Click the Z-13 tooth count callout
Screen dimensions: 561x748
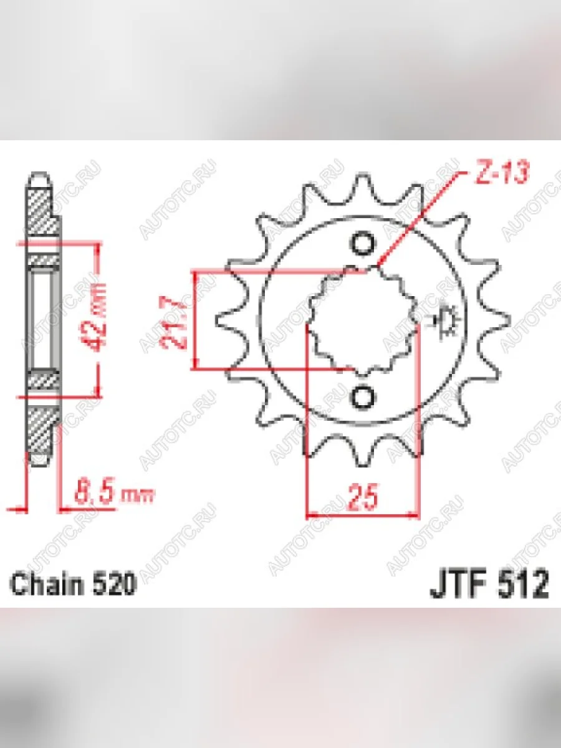click(x=501, y=171)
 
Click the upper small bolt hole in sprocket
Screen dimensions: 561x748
click(x=363, y=243)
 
